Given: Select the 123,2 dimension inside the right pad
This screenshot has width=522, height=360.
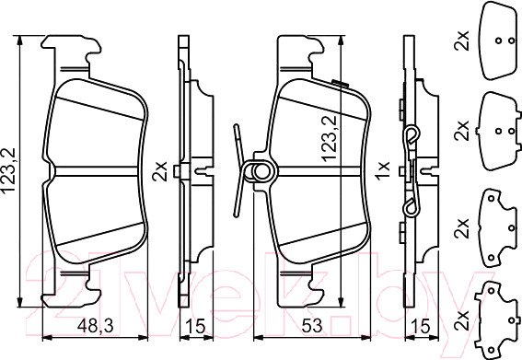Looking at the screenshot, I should click(x=326, y=139).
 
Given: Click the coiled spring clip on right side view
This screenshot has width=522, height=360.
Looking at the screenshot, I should click(x=413, y=138).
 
